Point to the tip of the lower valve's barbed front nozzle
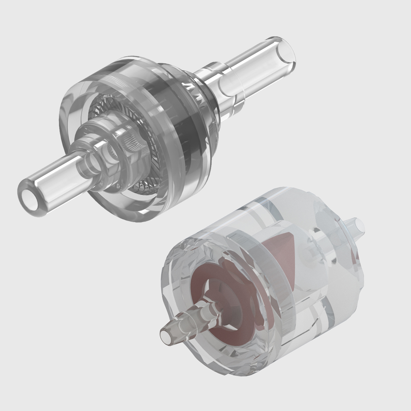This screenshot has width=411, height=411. [165, 334]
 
